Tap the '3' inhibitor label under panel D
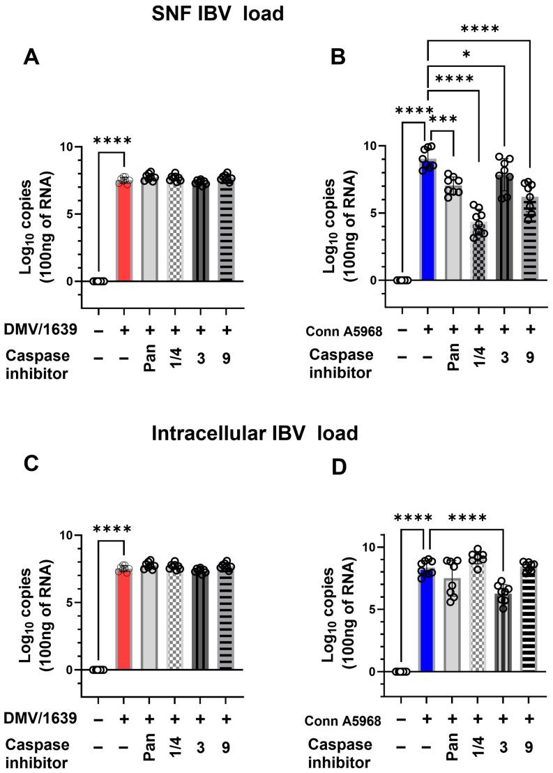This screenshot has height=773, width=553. point(504,747)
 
